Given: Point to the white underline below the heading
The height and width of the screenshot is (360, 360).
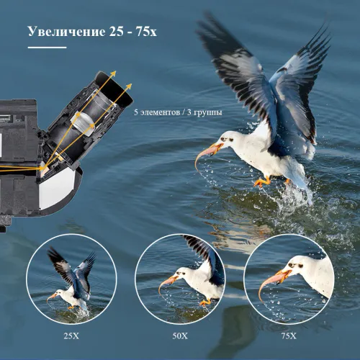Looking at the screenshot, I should click(46, 48).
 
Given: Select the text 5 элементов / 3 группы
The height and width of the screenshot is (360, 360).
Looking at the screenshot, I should click(178, 112).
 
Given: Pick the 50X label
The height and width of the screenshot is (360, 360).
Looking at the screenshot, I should click(179, 336).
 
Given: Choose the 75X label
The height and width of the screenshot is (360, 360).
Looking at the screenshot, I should click(289, 336).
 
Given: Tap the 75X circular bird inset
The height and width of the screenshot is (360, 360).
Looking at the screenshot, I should click(289, 276).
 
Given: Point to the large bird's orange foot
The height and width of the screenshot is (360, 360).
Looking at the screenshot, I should click(261, 181).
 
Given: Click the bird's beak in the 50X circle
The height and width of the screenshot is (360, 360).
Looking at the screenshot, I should click(166, 282).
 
